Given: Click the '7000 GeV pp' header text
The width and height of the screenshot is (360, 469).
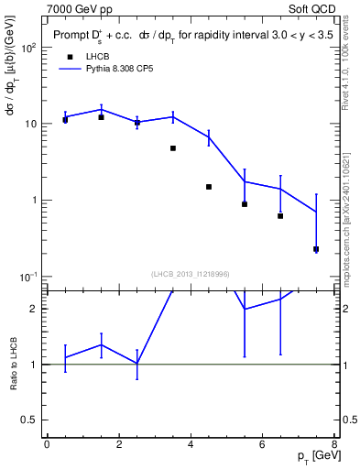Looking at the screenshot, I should (x=82, y=8).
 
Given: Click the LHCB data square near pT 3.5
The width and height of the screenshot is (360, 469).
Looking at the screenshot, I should (x=172, y=147).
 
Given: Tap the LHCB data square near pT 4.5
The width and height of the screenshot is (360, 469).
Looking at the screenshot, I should (x=209, y=187).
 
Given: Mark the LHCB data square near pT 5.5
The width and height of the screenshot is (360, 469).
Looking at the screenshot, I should (x=245, y=204).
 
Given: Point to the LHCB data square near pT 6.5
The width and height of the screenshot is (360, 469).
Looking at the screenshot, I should (x=280, y=216).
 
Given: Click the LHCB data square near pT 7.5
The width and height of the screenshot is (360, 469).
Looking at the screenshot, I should (x=316, y=249).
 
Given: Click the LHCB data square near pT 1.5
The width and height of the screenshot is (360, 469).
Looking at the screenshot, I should (x=101, y=117).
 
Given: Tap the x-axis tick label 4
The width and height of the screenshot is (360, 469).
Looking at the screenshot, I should (x=191, y=444).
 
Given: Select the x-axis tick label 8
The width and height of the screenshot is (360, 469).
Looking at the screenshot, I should (x=333, y=444).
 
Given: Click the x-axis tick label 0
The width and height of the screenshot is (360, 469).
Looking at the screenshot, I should (x=47, y=444).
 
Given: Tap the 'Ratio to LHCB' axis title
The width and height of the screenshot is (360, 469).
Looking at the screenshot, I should (x=14, y=364).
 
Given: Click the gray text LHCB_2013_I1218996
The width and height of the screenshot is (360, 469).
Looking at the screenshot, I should (x=190, y=273).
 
